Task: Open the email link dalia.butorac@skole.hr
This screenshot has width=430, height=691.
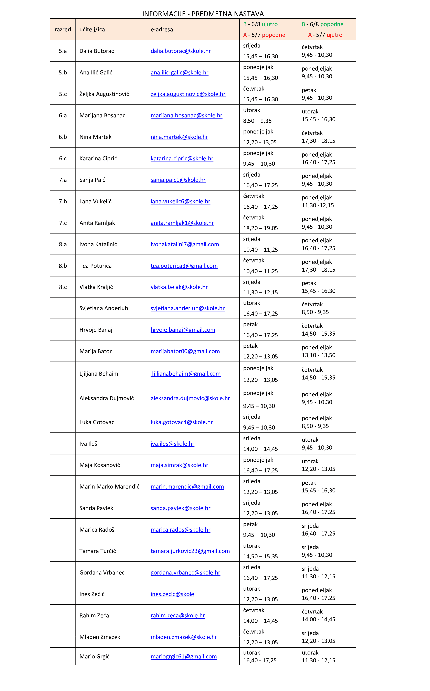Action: (181, 51)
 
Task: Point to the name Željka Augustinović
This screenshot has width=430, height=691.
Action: (104, 94)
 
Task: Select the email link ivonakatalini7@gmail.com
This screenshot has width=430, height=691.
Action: (185, 244)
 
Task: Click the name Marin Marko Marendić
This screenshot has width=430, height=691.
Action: (109, 486)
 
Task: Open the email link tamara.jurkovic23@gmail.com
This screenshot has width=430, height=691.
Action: (190, 551)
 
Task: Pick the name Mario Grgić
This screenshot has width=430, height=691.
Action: (95, 657)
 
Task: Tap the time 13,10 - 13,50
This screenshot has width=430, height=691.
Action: (318, 355)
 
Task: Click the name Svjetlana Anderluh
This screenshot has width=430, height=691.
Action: (103, 308)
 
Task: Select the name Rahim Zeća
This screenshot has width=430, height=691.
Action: (94, 616)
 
